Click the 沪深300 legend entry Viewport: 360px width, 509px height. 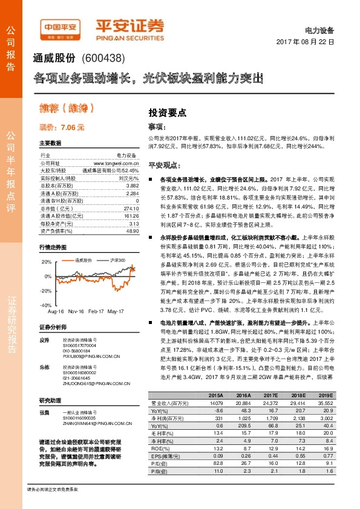[117, 261]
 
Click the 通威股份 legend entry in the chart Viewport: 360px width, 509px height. [83, 261]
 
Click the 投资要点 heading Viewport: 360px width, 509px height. [167, 112]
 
